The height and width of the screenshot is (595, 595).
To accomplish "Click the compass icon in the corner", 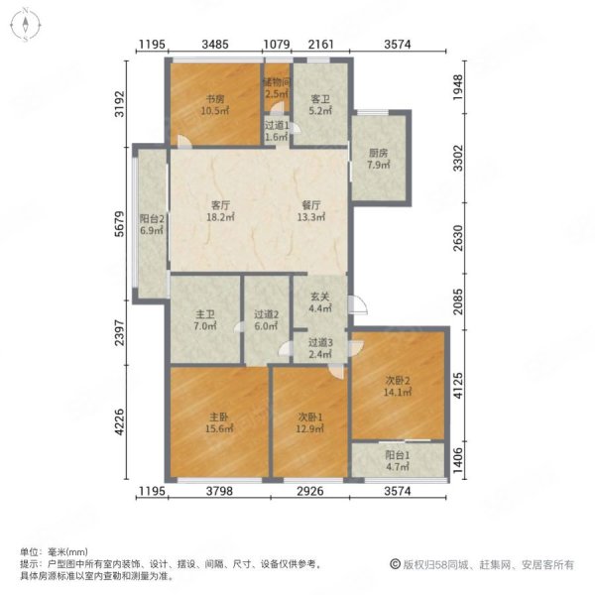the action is pyautogui.click(x=25, y=25).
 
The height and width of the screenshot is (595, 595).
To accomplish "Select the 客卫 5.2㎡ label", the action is pyautogui.click(x=320, y=105).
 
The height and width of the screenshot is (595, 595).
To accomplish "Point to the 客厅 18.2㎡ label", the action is pyautogui.click(x=220, y=211).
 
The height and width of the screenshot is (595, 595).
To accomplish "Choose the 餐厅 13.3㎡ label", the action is pyautogui.click(x=310, y=211).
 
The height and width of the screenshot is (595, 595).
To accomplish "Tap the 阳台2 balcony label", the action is pyautogui.click(x=152, y=219).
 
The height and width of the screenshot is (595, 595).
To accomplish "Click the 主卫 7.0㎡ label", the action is pyautogui.click(x=205, y=320).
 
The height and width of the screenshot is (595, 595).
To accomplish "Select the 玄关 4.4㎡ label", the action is pyautogui.click(x=320, y=302).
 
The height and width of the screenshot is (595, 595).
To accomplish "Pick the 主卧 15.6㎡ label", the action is pyautogui.click(x=219, y=423).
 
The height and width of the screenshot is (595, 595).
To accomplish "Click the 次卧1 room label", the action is pyautogui.click(x=310, y=417).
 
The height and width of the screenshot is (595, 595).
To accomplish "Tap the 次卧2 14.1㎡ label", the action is pyautogui.click(x=398, y=386).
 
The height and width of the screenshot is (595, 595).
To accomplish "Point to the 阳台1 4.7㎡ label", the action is pyautogui.click(x=398, y=460).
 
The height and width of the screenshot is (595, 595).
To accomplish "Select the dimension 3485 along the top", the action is pyautogui.click(x=215, y=45).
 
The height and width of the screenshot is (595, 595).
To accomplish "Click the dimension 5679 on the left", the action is pyautogui.click(x=120, y=224).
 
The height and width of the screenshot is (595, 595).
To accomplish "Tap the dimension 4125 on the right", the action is pyautogui.click(x=458, y=385).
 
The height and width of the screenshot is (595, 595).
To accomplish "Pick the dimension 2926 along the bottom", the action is pyautogui.click(x=310, y=491).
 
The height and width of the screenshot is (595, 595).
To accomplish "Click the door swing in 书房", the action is pyautogui.click(x=185, y=141).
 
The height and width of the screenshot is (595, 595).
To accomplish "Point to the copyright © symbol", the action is pyautogui.click(x=395, y=564).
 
